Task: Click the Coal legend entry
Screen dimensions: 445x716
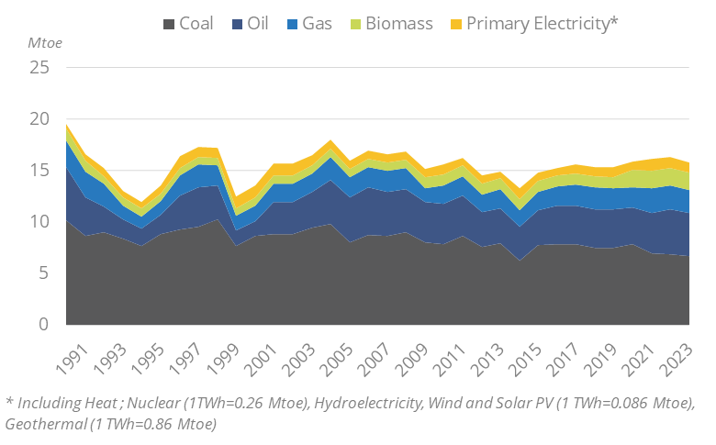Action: point(188,23)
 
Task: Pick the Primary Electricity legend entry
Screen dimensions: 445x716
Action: point(532,23)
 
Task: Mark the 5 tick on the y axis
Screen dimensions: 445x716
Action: point(44,273)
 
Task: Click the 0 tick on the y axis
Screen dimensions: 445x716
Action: point(44,325)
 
